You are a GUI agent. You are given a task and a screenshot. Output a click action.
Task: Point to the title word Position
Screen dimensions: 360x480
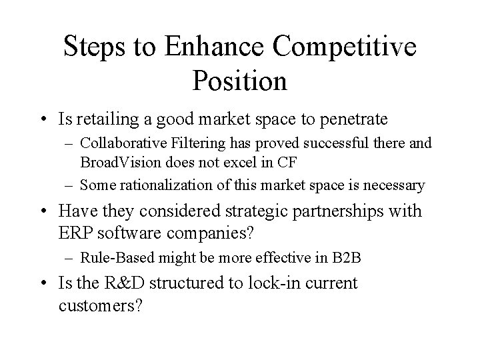click(x=239, y=81)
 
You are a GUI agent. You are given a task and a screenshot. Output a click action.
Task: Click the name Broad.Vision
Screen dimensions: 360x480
click(x=121, y=163)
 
